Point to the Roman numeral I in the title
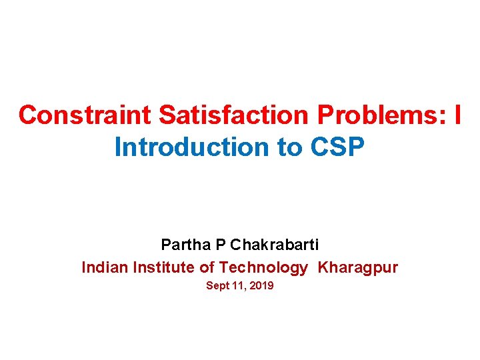tap(457, 115)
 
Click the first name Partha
tap(186, 244)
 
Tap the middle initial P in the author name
tap(221, 244)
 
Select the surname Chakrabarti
tap(274, 244)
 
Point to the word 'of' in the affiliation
tap(207, 268)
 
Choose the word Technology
tap(263, 268)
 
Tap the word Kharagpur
tap(358, 268)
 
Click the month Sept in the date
tap(217, 286)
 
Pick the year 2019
tap(261, 286)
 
